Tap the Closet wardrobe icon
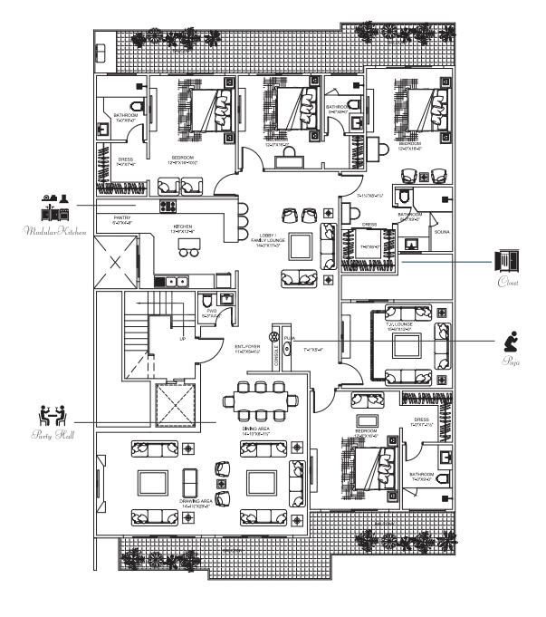tap(503, 261)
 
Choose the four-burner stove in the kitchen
tap(168, 206)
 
